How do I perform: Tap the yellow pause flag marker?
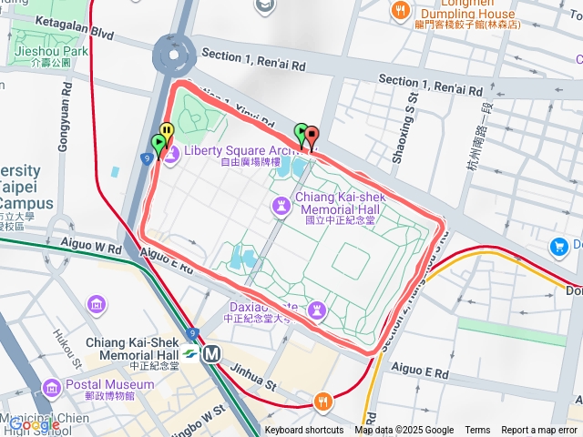166,134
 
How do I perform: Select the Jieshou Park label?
51,52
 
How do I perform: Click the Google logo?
35,423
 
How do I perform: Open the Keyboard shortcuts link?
304,431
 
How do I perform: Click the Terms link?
477,431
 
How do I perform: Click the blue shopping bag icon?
558,247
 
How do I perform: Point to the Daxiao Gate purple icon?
316,311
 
